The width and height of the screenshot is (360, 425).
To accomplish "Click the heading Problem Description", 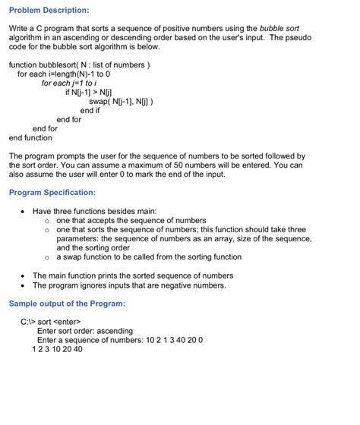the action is (49, 10).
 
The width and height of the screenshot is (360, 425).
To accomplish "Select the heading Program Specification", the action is (52, 193).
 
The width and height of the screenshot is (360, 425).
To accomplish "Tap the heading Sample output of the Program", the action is (67, 304).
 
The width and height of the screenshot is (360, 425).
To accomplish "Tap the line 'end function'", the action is (30, 138).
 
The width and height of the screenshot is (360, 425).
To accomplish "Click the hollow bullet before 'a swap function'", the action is (47, 257).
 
